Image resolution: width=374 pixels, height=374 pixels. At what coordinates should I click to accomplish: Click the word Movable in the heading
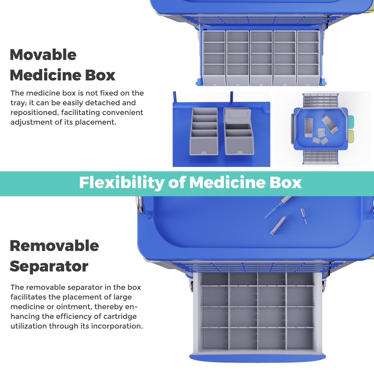pos(43,55)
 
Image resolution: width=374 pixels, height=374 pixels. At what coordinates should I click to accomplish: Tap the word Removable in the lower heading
pos(54,246)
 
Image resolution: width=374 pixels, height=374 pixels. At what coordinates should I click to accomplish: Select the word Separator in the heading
pos(49,266)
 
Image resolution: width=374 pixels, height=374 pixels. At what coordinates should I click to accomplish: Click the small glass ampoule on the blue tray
pos(304,216)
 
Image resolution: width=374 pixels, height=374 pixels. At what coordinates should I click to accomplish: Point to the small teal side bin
pos(350,122)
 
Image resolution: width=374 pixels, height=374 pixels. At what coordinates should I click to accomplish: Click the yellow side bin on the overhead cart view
pos(351,136)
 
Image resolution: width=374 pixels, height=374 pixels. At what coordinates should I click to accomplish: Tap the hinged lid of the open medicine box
pos(238,115)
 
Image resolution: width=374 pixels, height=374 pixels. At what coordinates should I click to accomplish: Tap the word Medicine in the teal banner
pos(227,182)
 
